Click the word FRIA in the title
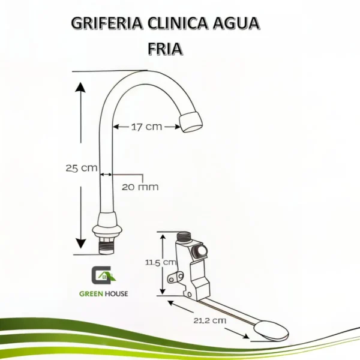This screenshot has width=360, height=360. pyautogui.click(x=165, y=48)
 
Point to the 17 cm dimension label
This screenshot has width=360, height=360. pyautogui.click(x=146, y=127)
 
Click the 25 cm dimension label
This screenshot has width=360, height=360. pyautogui.click(x=81, y=169)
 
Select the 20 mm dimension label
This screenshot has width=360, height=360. pyautogui.click(x=140, y=187)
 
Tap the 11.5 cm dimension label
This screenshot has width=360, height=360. pyautogui.click(x=161, y=262)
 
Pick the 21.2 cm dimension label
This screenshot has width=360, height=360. pyautogui.click(x=211, y=320)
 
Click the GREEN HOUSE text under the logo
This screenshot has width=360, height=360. pyautogui.click(x=103, y=293)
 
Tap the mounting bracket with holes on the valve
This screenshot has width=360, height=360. pyautogui.click(x=175, y=277)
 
